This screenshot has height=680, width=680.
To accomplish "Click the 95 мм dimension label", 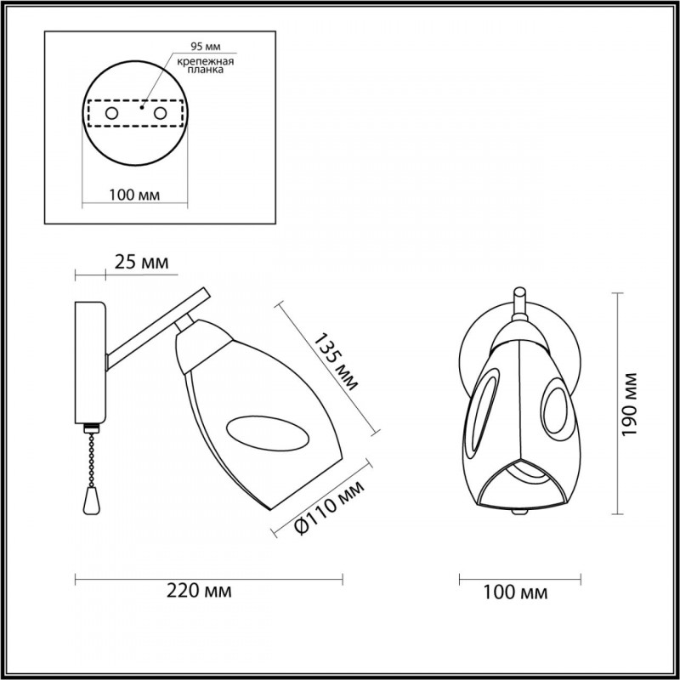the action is pyautogui.click(x=206, y=47).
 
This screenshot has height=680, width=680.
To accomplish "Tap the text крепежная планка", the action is pyautogui.click(x=206, y=65).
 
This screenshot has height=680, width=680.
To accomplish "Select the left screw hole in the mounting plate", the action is pyautogui.click(x=111, y=114).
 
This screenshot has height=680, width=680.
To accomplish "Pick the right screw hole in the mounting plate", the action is pyautogui.click(x=160, y=114).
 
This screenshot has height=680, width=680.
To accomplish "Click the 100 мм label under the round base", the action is pyautogui.click(x=134, y=195).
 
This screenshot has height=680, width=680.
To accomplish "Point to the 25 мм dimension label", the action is pyautogui.click(x=141, y=263).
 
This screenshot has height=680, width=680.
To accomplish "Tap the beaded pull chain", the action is pyautogui.click(x=91, y=458).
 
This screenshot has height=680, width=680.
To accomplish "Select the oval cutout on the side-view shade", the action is pyautogui.click(x=267, y=433).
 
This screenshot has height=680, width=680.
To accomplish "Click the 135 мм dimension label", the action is pyautogui.click(x=336, y=362).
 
